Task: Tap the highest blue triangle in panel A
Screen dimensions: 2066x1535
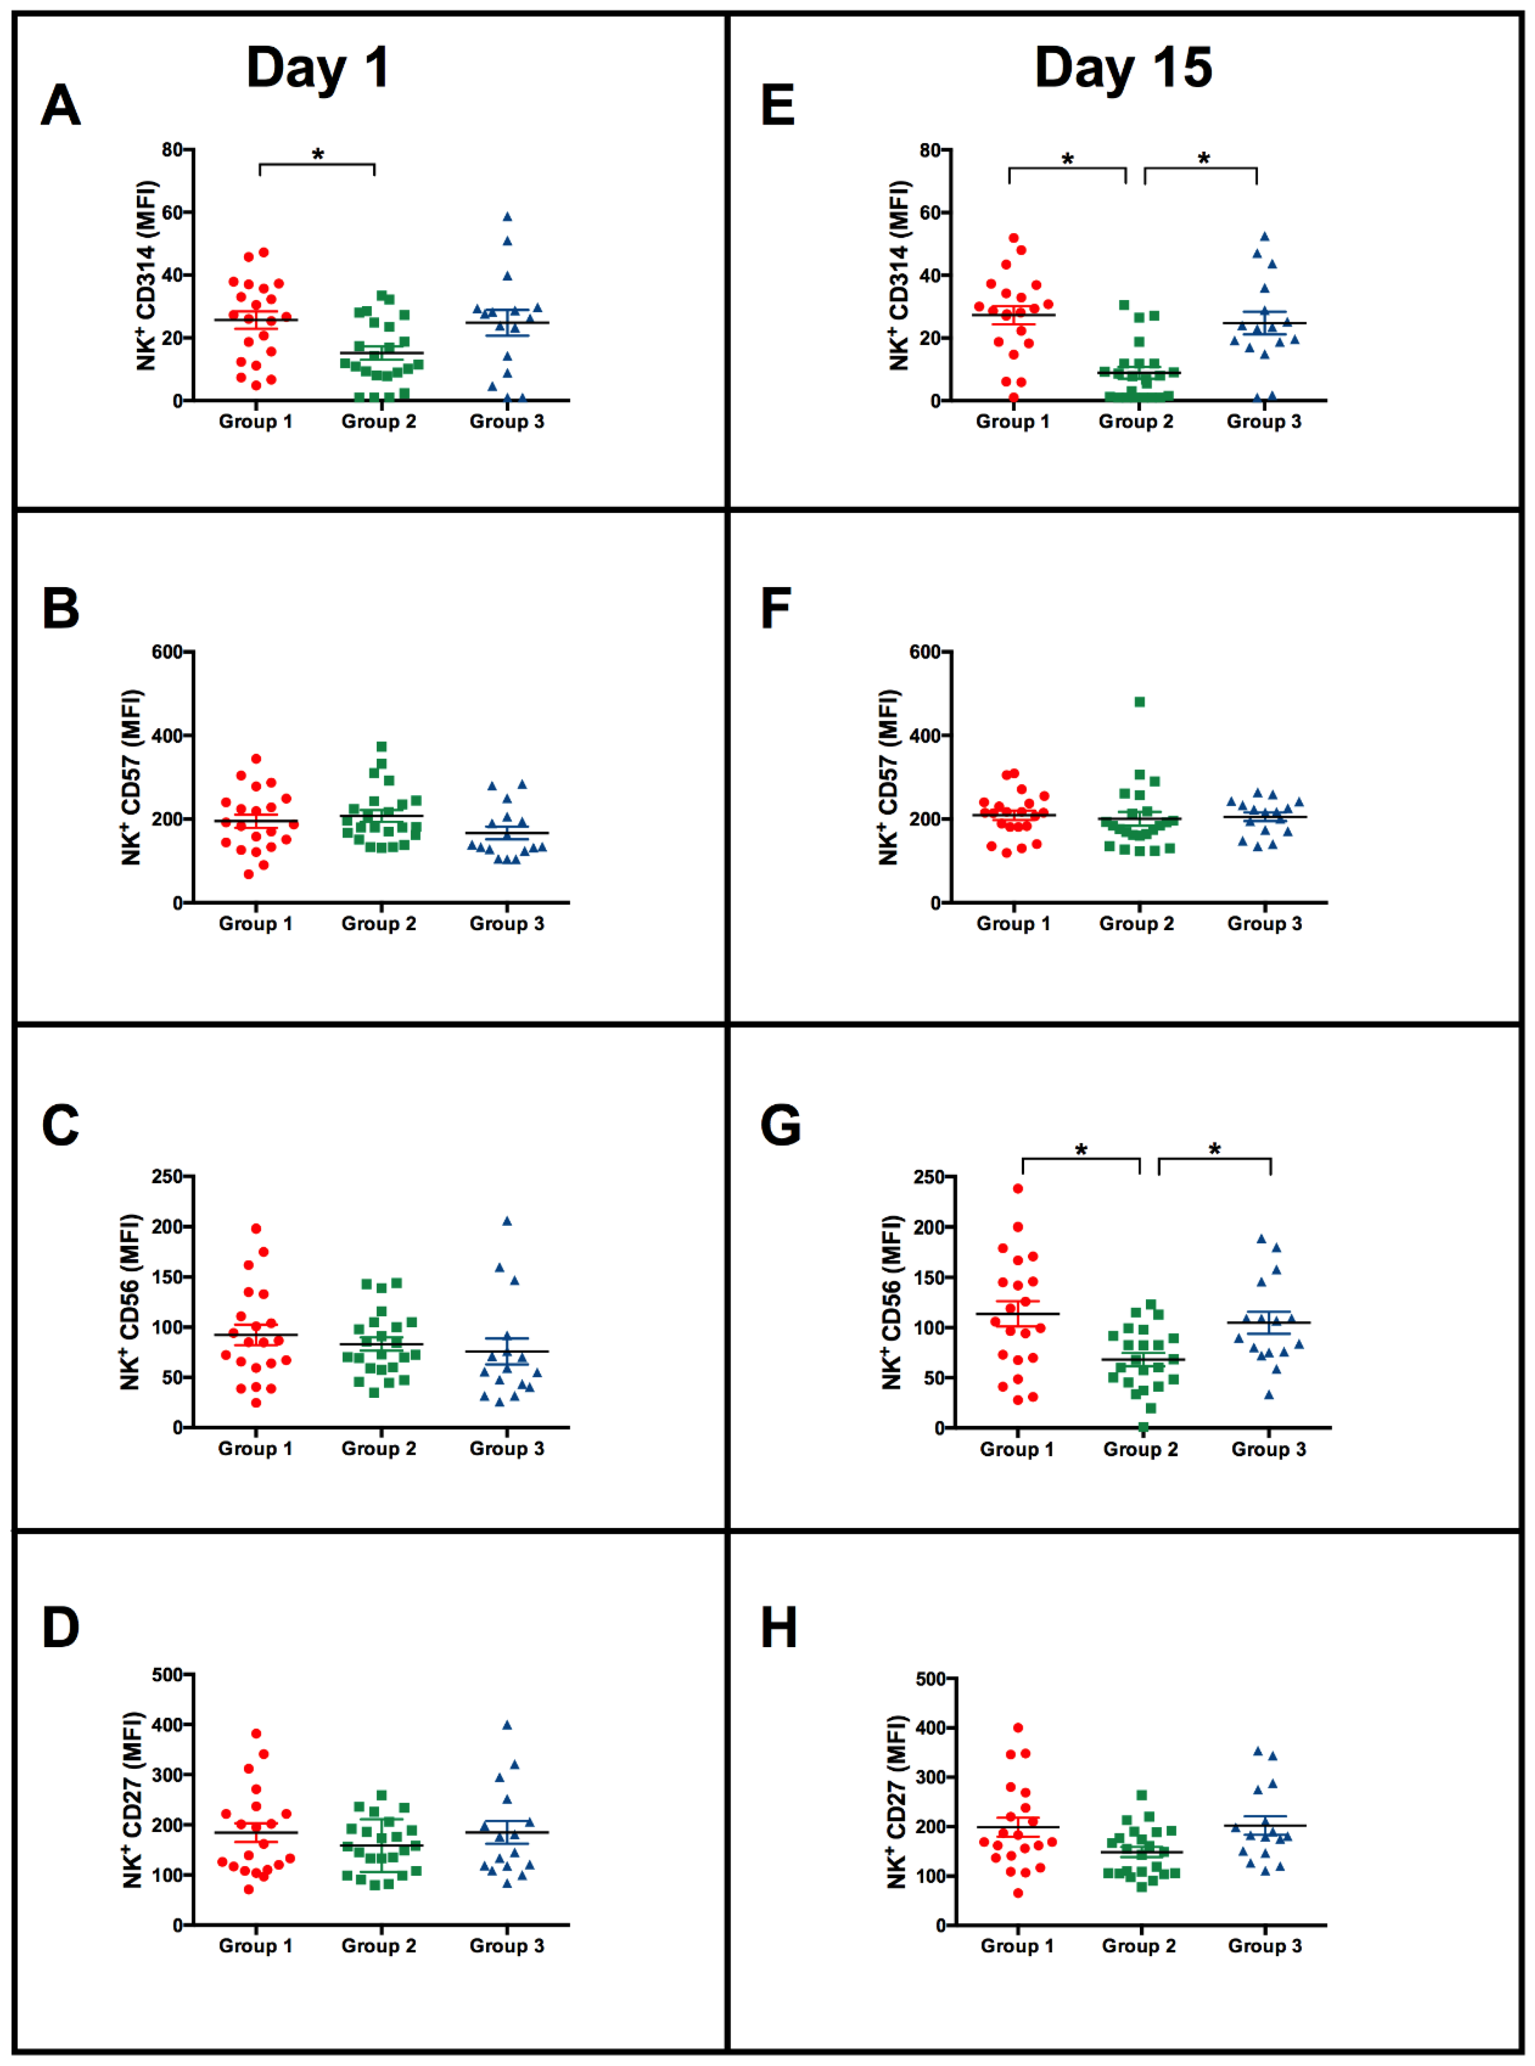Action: [x=508, y=217]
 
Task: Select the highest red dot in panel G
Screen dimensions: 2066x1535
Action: [x=1018, y=1188]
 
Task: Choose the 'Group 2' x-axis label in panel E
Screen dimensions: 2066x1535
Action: [x=1135, y=422]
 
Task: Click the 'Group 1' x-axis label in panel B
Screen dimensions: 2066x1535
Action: [x=255, y=924]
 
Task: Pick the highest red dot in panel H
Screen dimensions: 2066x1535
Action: [x=1018, y=1728]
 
